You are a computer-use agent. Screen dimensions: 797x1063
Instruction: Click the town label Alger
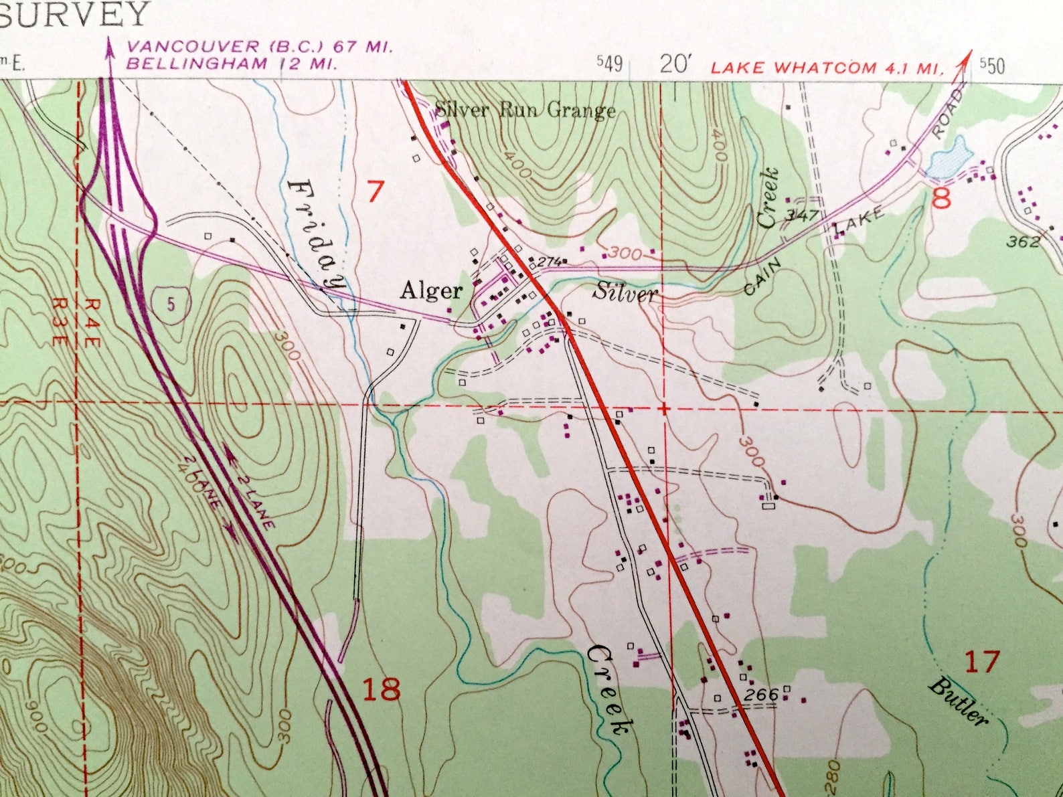431,290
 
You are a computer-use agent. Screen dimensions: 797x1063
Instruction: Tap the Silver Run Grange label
525,110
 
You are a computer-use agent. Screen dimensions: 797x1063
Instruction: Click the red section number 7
376,193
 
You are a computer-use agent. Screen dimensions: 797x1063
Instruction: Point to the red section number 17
982,662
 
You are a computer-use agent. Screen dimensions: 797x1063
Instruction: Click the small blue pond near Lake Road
951,158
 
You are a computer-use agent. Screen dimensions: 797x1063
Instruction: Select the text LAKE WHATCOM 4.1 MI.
827,68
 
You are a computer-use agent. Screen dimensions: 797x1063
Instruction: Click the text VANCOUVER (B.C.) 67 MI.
260,48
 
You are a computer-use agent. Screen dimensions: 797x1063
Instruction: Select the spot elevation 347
804,215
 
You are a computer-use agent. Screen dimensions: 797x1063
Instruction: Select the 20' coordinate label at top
675,64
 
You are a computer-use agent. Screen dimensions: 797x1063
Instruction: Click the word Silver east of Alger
625,293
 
